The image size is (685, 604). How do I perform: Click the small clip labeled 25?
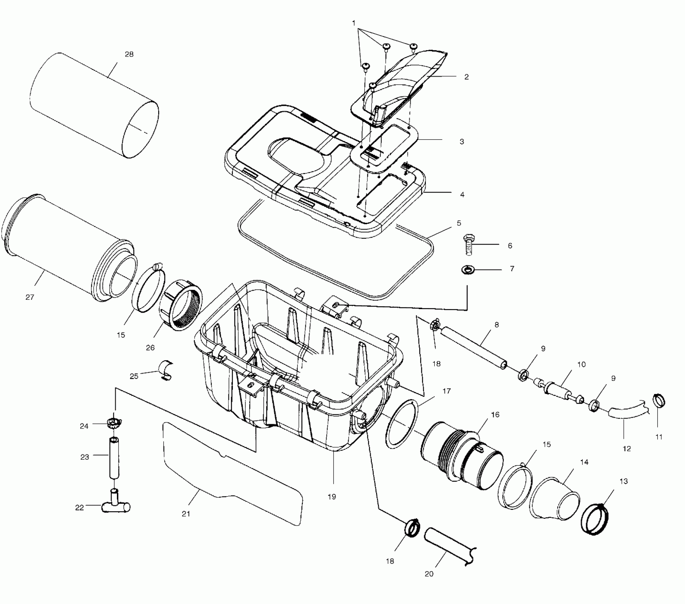pyautogui.click(x=166, y=371)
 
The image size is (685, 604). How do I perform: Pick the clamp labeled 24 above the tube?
pyautogui.click(x=114, y=423)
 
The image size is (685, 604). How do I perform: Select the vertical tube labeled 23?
pyautogui.click(x=114, y=459)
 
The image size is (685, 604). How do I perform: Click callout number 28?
pyautogui.click(x=129, y=54)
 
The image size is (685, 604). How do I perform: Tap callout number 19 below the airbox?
pyautogui.click(x=331, y=497)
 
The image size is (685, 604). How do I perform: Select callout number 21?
pyautogui.click(x=186, y=514)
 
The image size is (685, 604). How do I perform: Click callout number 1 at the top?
pyautogui.click(x=354, y=23)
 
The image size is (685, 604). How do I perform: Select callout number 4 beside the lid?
pyautogui.click(x=462, y=195)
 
